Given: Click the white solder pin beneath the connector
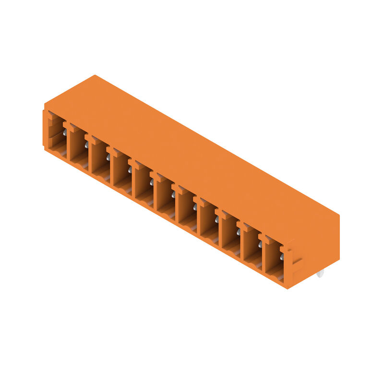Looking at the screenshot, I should coord(320,274).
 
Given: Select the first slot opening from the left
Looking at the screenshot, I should coord(57,134).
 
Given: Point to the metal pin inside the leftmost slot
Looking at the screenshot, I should coord(64,132).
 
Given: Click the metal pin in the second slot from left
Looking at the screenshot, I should coord(86,144).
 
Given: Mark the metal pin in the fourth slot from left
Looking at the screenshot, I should coord(130,169).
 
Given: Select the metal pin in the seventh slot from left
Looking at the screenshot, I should coord(195,207).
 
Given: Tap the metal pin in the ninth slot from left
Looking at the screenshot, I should coord(238,232).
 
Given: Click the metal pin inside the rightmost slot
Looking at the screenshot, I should coord(282,257).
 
